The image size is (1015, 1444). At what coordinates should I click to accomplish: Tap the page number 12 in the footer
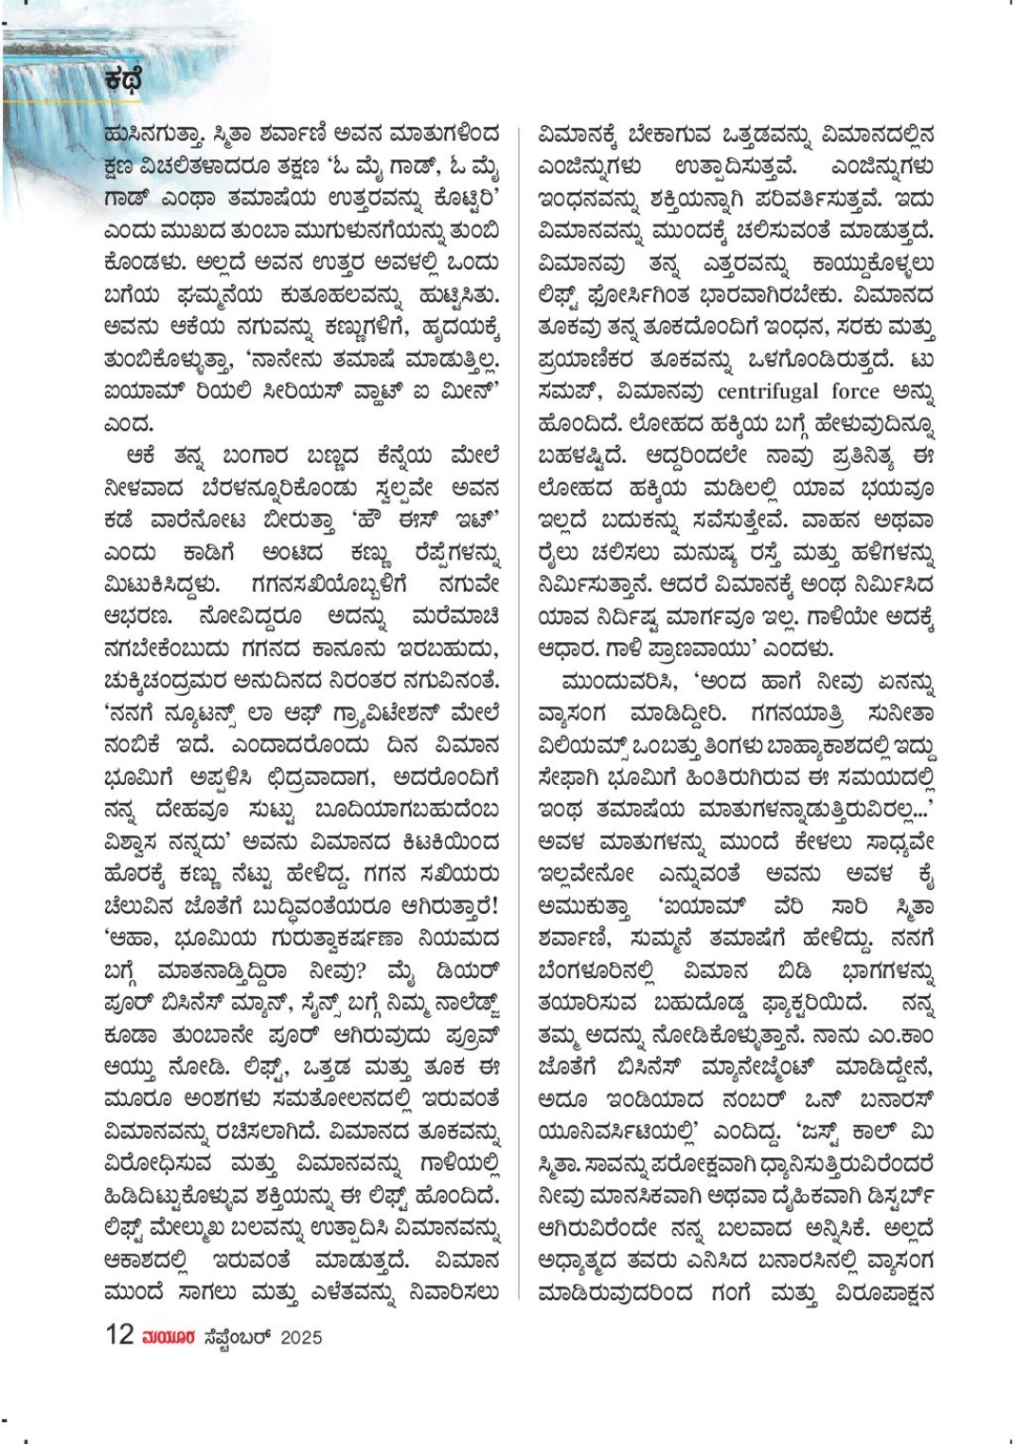pos(120,1335)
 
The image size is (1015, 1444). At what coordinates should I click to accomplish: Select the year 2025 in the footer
pos(300,1337)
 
